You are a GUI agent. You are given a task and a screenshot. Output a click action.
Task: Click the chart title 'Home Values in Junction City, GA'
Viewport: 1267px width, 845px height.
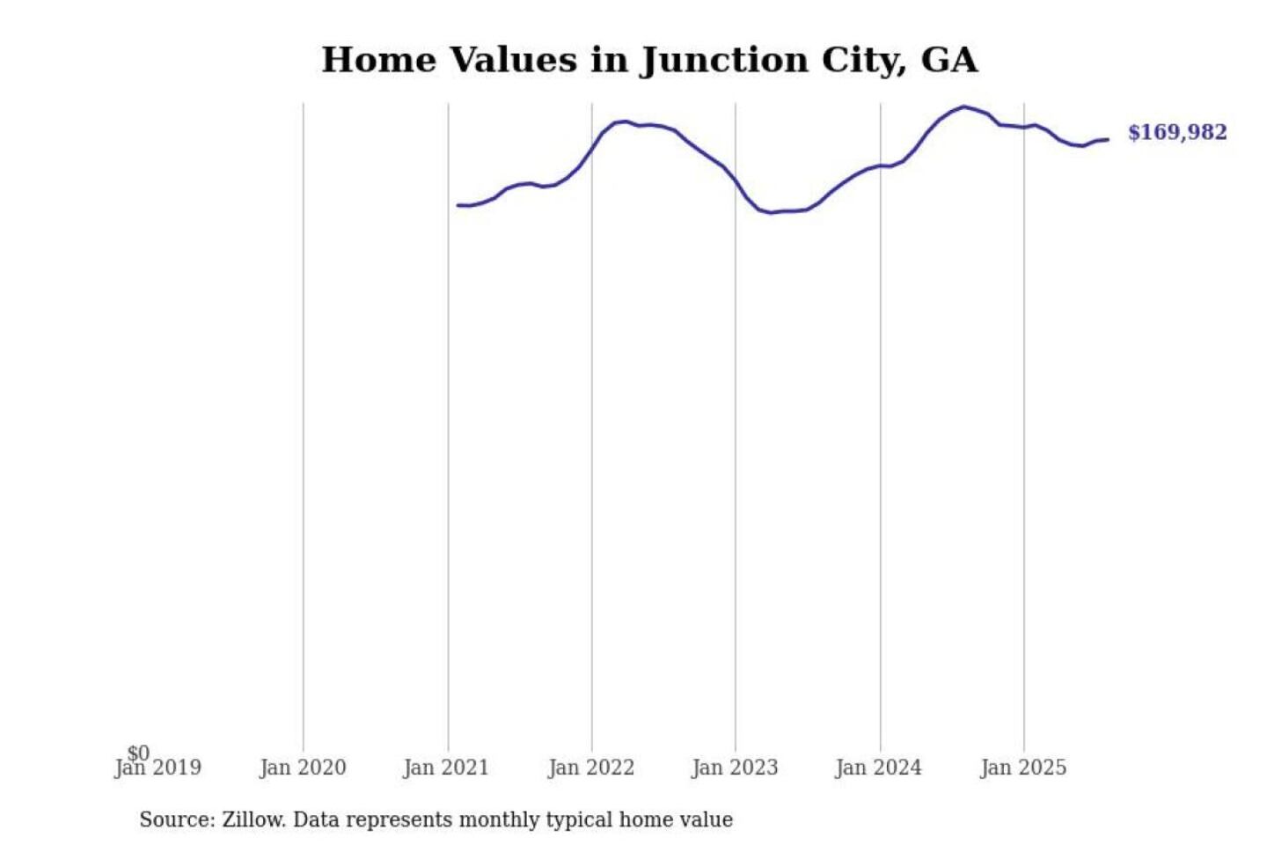[x=649, y=60]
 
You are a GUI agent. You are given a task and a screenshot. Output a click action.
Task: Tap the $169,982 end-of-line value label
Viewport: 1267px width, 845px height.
[x=1176, y=132]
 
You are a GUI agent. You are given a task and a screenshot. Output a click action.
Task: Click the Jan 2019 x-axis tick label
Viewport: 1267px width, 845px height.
[x=159, y=768]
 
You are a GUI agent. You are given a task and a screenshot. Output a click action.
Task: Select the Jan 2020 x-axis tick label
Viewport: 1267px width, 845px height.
[x=303, y=768]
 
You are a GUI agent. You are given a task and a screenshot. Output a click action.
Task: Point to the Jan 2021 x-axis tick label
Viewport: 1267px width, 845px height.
[x=446, y=768]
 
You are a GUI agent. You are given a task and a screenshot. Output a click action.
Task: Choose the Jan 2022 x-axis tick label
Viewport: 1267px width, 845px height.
[x=591, y=768]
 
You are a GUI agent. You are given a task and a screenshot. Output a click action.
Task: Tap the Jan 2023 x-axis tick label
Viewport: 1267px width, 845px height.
[x=735, y=768]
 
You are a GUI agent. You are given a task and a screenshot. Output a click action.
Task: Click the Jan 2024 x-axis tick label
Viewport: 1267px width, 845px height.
[x=879, y=768]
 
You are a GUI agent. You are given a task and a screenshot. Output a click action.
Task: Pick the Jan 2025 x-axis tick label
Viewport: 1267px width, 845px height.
[x=1023, y=768]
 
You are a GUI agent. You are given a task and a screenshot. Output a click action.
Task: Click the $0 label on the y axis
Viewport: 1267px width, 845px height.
[x=138, y=753]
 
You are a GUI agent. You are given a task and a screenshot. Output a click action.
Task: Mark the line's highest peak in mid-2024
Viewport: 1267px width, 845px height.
[x=964, y=107]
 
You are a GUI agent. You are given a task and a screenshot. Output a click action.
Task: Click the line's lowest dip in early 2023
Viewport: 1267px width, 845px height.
[x=771, y=213]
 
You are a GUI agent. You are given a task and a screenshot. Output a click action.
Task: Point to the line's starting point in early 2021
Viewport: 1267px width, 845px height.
[x=458, y=205]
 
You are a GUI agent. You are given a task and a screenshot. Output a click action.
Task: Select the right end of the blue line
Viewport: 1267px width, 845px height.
[x=1108, y=139]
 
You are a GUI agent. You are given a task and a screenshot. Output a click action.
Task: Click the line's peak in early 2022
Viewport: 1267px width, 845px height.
[x=626, y=121]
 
